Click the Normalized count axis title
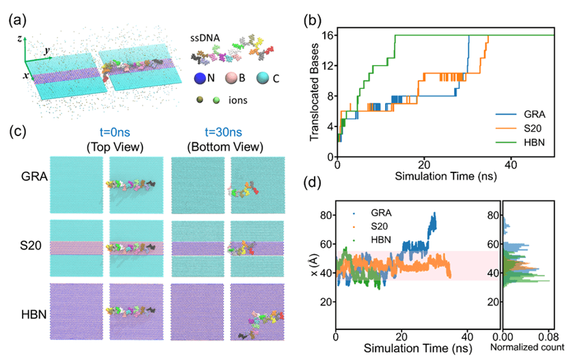[x=531, y=348]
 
